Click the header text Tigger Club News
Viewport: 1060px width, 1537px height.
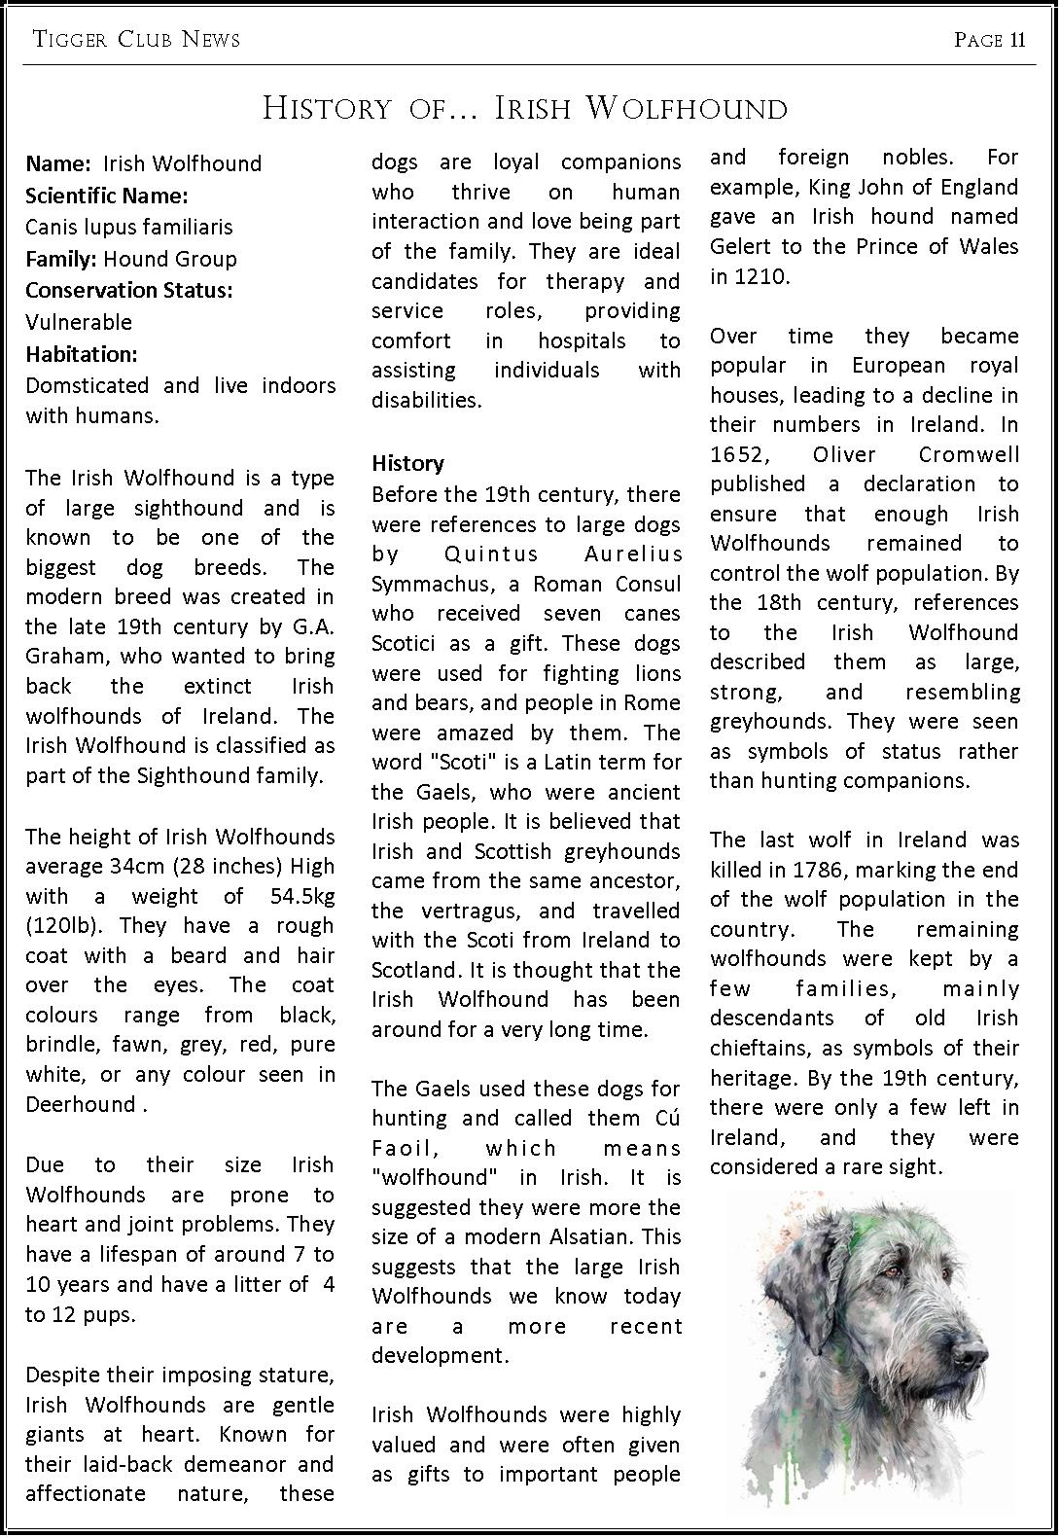click(136, 39)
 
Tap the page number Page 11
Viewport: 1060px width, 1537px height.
click(990, 39)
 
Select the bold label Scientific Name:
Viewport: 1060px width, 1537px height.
click(107, 196)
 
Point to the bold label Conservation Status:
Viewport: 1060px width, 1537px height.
click(129, 290)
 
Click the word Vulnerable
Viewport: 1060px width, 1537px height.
click(79, 322)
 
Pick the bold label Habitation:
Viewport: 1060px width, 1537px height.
click(82, 353)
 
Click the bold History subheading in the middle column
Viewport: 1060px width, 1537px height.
click(407, 463)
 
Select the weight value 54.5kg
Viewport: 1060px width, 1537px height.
click(302, 896)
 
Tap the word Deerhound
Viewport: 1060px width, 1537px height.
click(81, 1104)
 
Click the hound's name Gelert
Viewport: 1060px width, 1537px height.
click(743, 246)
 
